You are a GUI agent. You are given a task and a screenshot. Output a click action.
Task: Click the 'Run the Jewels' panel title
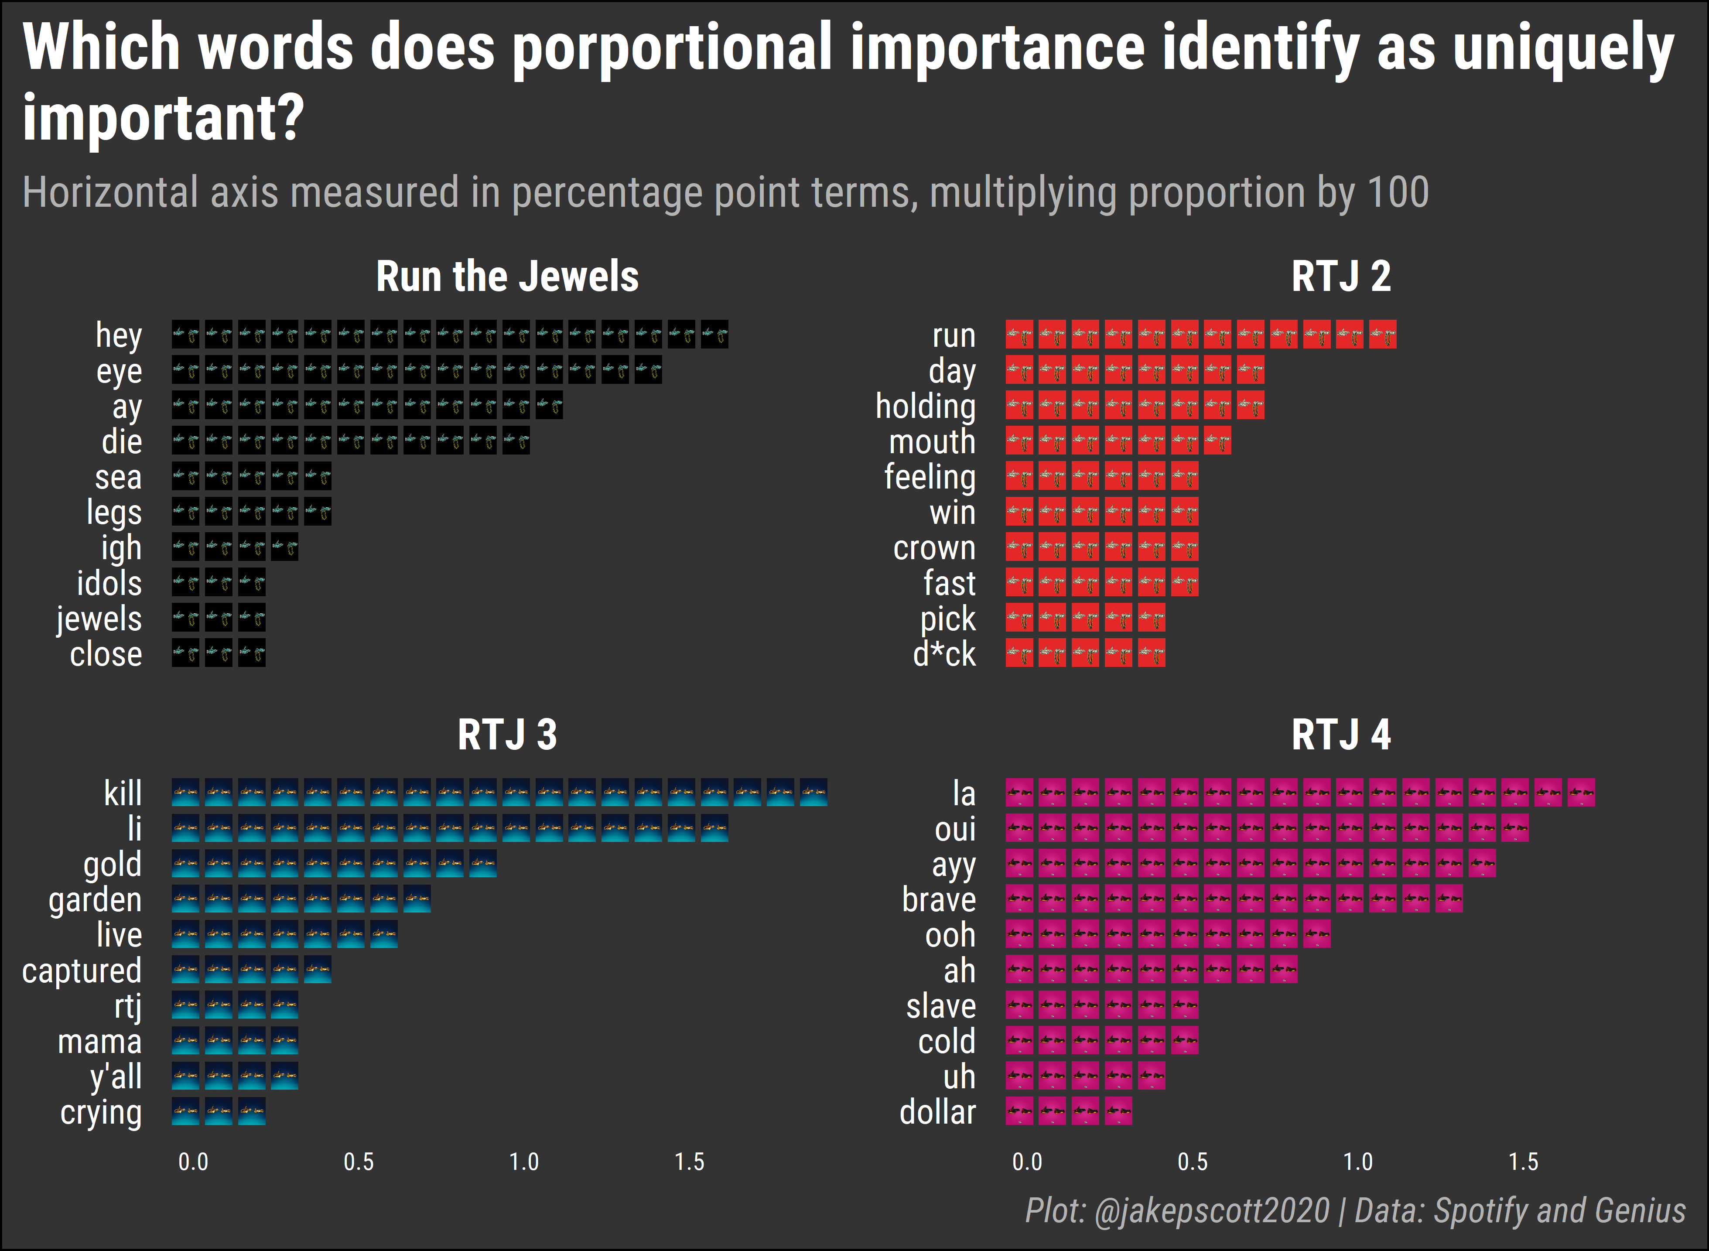point(507,277)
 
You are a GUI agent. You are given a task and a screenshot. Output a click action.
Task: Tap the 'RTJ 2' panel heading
point(1341,277)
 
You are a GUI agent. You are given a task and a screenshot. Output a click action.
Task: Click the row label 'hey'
point(119,335)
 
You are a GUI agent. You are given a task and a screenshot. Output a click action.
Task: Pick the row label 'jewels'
point(99,619)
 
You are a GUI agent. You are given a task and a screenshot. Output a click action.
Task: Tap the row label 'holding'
point(925,407)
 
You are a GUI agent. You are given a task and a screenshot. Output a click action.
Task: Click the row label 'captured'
point(82,971)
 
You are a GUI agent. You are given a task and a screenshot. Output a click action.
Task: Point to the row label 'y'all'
point(116,1077)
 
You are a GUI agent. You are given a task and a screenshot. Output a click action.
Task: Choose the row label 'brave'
point(939,899)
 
